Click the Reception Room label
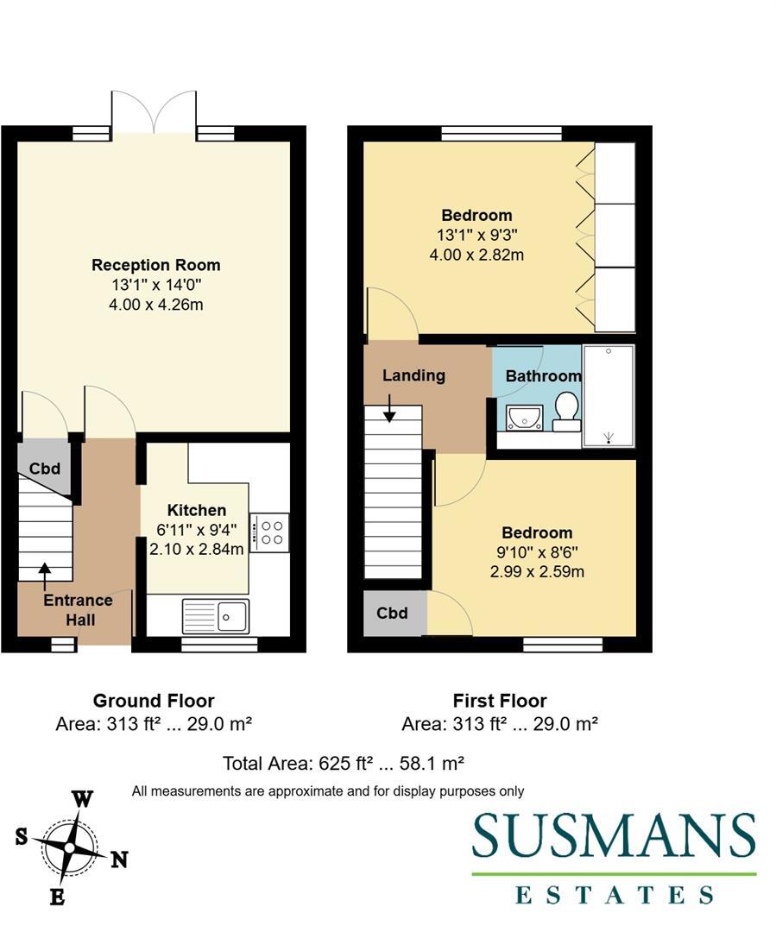156,265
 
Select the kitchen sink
216,616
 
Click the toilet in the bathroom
566,411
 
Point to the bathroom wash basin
523,418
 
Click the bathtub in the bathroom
609,396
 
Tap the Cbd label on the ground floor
45,469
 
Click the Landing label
413,375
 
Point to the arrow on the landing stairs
389,409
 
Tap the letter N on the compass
119,860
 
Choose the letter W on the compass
82,798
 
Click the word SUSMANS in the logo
614,836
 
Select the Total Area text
344,763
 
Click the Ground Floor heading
154,701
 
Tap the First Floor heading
500,701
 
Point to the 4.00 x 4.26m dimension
156,305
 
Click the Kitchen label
197,510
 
